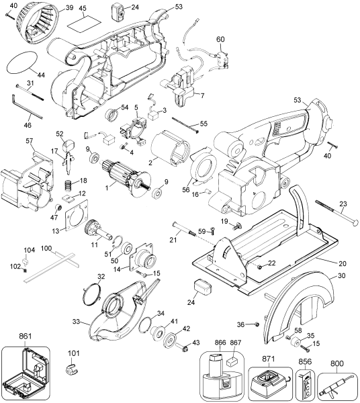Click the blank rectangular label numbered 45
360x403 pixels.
pyautogui.click(x=82, y=24)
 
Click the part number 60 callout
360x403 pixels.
pyautogui.click(x=220, y=39)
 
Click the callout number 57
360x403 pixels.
pyautogui.click(x=29, y=140)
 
